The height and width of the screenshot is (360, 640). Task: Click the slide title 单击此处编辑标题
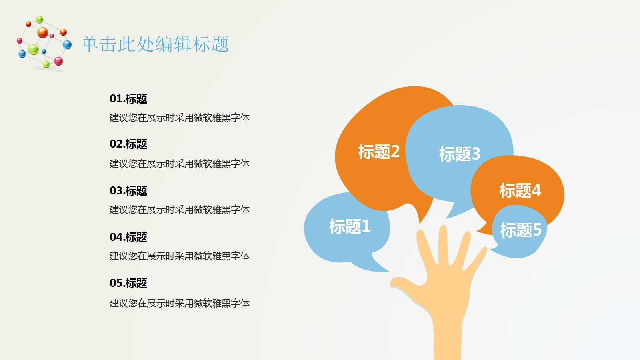[155, 44]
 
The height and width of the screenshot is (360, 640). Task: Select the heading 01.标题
[128, 99]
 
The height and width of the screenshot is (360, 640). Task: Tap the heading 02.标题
[128, 144]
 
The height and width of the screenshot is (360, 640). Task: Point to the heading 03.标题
[128, 191]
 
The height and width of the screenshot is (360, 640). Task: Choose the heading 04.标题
[128, 237]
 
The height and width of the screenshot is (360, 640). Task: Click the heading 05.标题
[128, 283]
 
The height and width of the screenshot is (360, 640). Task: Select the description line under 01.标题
[180, 118]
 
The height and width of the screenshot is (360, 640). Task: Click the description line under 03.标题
[180, 210]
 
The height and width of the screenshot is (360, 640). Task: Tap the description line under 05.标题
[180, 303]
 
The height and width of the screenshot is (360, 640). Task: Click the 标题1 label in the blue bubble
[350, 226]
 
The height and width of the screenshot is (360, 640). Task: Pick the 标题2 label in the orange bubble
[379, 152]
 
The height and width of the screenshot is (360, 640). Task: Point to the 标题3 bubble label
[460, 154]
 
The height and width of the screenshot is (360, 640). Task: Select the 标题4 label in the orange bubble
[520, 190]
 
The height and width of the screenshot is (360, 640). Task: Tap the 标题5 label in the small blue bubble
[520, 230]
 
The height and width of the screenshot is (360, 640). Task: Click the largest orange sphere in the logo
[42, 32]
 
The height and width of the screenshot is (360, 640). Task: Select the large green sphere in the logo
[34, 49]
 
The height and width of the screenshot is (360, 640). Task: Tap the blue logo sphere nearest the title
[67, 44]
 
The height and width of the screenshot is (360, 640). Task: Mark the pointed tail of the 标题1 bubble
[382, 269]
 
